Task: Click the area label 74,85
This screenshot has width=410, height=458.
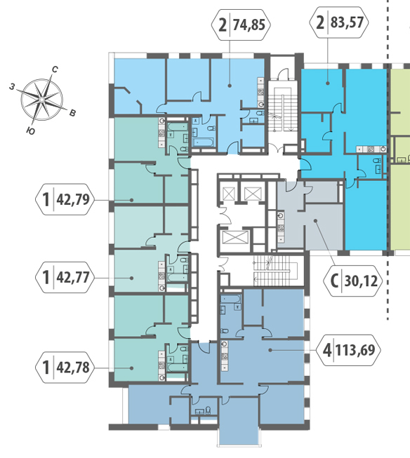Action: pos(249,25)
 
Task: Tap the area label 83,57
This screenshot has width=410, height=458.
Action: pos(347,22)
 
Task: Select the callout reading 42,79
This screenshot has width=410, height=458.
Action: pos(73,199)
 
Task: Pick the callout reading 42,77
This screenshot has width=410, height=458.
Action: pos(73,277)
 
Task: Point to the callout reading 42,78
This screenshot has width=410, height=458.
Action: pos(73,367)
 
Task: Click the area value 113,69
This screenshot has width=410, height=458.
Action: pos(355,349)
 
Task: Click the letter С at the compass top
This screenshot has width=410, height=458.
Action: pos(55,69)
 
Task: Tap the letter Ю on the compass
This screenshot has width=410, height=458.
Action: pos(30,131)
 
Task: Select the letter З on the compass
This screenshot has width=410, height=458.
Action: pos(12,86)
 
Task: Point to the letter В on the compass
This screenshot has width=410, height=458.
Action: pos(73,113)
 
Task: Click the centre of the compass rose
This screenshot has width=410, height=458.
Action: pos(42,100)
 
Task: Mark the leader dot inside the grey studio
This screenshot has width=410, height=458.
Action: pos(315,220)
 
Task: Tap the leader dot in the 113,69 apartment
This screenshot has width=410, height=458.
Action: pos(270,349)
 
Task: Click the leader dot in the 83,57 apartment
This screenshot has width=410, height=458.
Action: pos(328,83)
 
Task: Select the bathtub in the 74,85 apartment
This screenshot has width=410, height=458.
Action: pos(204,142)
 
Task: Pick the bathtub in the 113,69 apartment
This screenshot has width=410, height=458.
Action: pos(230,299)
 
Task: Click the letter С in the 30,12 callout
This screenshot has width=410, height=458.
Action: pos(335,281)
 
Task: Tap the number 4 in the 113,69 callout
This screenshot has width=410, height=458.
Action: pos(327,349)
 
